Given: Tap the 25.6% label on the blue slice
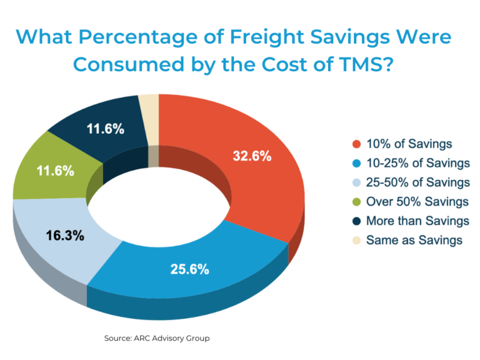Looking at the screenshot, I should (190, 269).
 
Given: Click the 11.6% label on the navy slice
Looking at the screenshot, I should (104, 129).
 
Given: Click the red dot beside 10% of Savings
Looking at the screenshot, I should (357, 144).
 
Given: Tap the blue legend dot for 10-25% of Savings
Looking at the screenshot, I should (357, 163).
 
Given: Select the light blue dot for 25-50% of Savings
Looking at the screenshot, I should (357, 182).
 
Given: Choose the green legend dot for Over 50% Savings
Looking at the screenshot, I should (357, 202).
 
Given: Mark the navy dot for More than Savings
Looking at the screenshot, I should (357, 221).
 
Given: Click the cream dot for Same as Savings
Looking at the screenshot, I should (357, 239).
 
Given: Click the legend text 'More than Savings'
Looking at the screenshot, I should (417, 221).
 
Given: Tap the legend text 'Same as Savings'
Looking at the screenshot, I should (414, 239).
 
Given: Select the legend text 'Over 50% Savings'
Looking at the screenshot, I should (417, 202).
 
